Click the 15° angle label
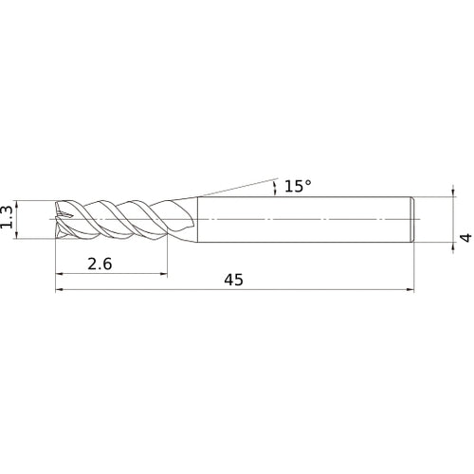[x=298, y=186]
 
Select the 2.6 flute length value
[x=100, y=264]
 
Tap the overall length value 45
[x=233, y=280]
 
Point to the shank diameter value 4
[x=465, y=238]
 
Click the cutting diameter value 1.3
[x=7, y=217]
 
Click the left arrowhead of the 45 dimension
[x=60, y=289]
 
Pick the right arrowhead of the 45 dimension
[x=410, y=289]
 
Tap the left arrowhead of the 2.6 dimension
[x=60, y=274]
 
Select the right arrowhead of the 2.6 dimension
[x=163, y=274]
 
